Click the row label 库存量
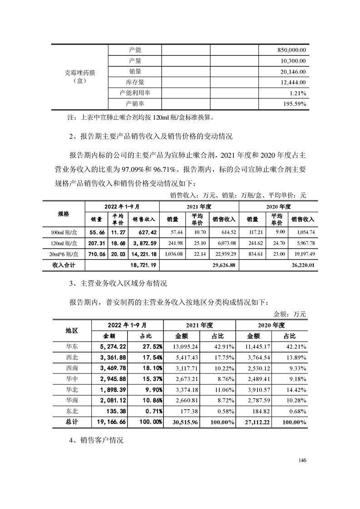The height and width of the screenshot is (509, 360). point(135,82)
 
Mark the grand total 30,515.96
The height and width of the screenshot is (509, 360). point(185,422)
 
